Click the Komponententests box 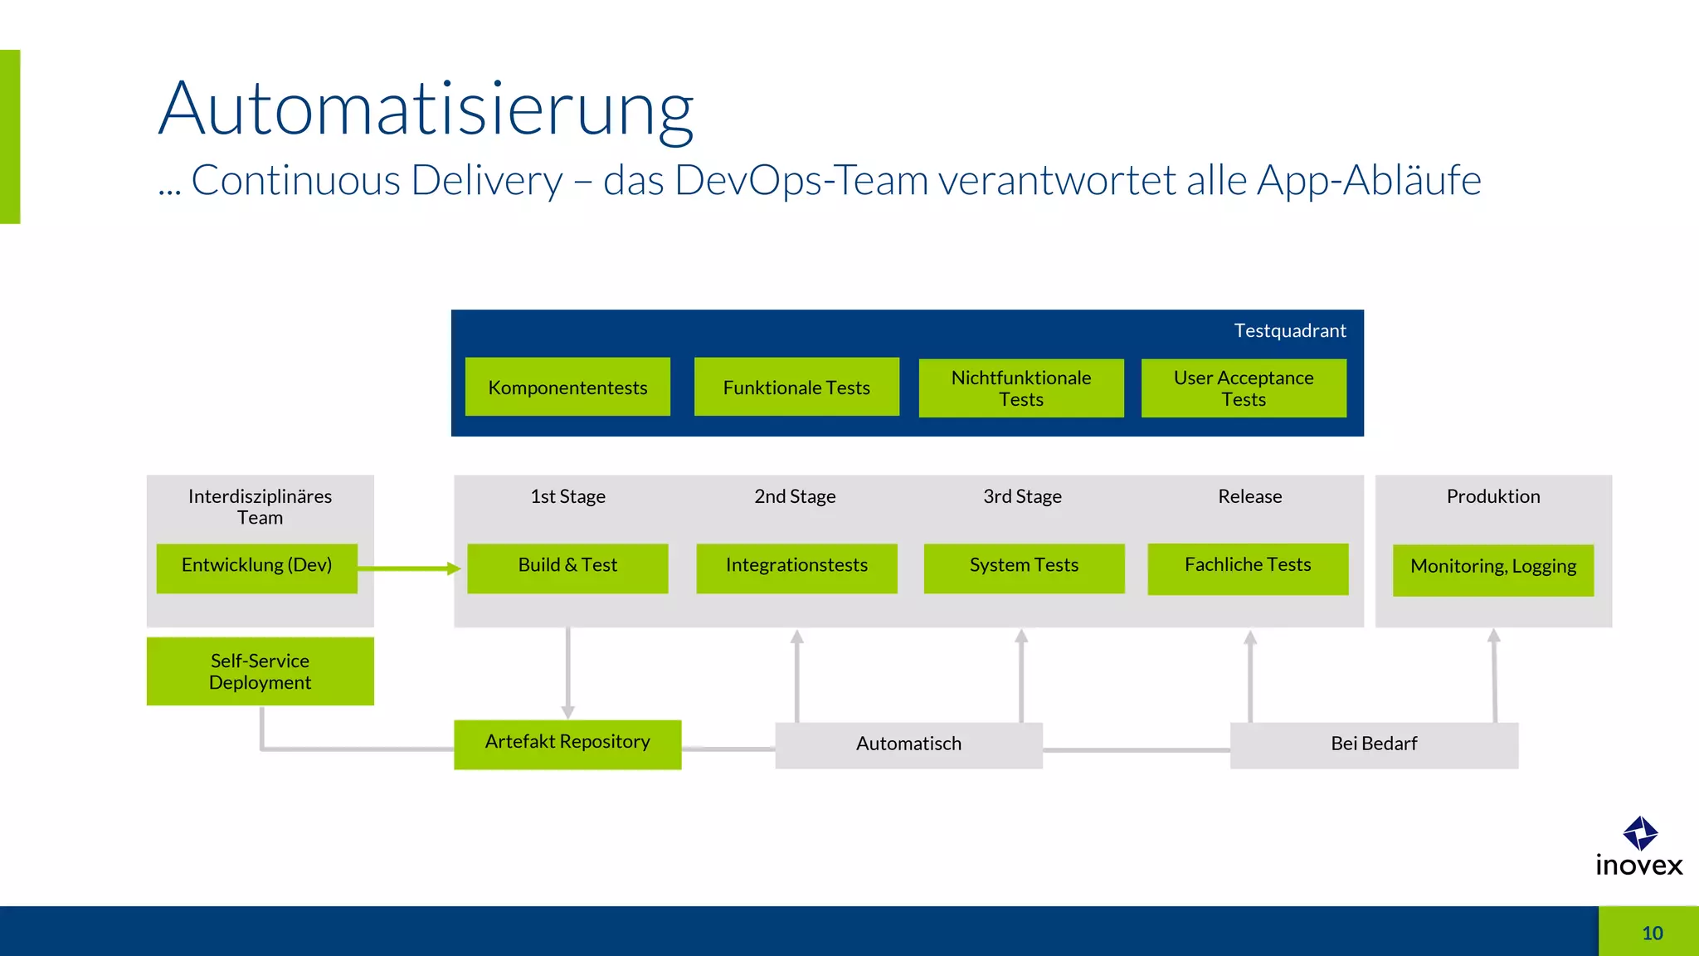(x=567, y=387)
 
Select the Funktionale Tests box (x=796, y=387)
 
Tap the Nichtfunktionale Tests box (x=1021, y=388)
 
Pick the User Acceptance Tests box (x=1244, y=388)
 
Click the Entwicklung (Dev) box (x=256, y=568)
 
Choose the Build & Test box (x=567, y=568)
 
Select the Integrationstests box (x=796, y=568)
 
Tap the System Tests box (x=1024, y=568)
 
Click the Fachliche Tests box (x=1248, y=568)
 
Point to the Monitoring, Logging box (x=1493, y=569)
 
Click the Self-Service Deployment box (x=260, y=671)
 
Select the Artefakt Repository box (x=567, y=744)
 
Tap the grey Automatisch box (x=908, y=745)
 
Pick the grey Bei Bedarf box (x=1374, y=745)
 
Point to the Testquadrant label (x=1289, y=331)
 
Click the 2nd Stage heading (x=795, y=496)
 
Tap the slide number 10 (x=1652, y=933)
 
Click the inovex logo (x=1639, y=847)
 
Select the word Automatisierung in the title (x=426, y=110)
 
